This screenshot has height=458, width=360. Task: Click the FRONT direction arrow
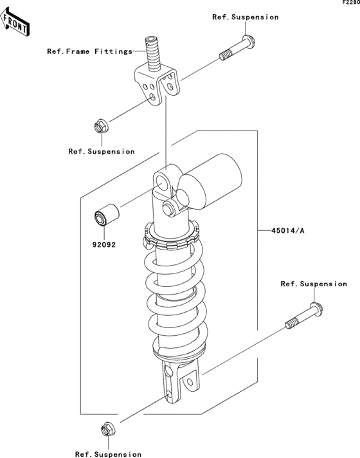click(x=14, y=23)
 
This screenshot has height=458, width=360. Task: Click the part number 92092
click(x=104, y=244)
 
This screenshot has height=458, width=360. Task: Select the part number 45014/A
click(x=288, y=230)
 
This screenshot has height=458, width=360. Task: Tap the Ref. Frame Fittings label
click(x=90, y=51)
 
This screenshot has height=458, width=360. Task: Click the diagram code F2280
click(x=351, y=3)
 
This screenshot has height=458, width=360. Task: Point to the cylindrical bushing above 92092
click(x=107, y=215)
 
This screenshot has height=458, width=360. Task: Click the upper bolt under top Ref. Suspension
click(x=238, y=48)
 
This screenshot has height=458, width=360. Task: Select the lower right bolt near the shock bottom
click(x=304, y=316)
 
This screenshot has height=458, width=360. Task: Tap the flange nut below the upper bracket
click(x=102, y=126)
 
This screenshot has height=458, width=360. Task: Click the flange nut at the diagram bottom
click(x=108, y=430)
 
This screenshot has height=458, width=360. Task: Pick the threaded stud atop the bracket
click(x=153, y=53)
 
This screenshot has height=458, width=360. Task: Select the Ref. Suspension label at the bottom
click(x=108, y=454)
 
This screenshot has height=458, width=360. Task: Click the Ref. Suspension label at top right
click(x=246, y=17)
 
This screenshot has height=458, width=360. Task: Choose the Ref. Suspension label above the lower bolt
click(x=314, y=284)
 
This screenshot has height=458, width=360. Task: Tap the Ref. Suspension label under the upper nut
click(x=102, y=151)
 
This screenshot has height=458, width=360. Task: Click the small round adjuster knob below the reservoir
click(x=170, y=208)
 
